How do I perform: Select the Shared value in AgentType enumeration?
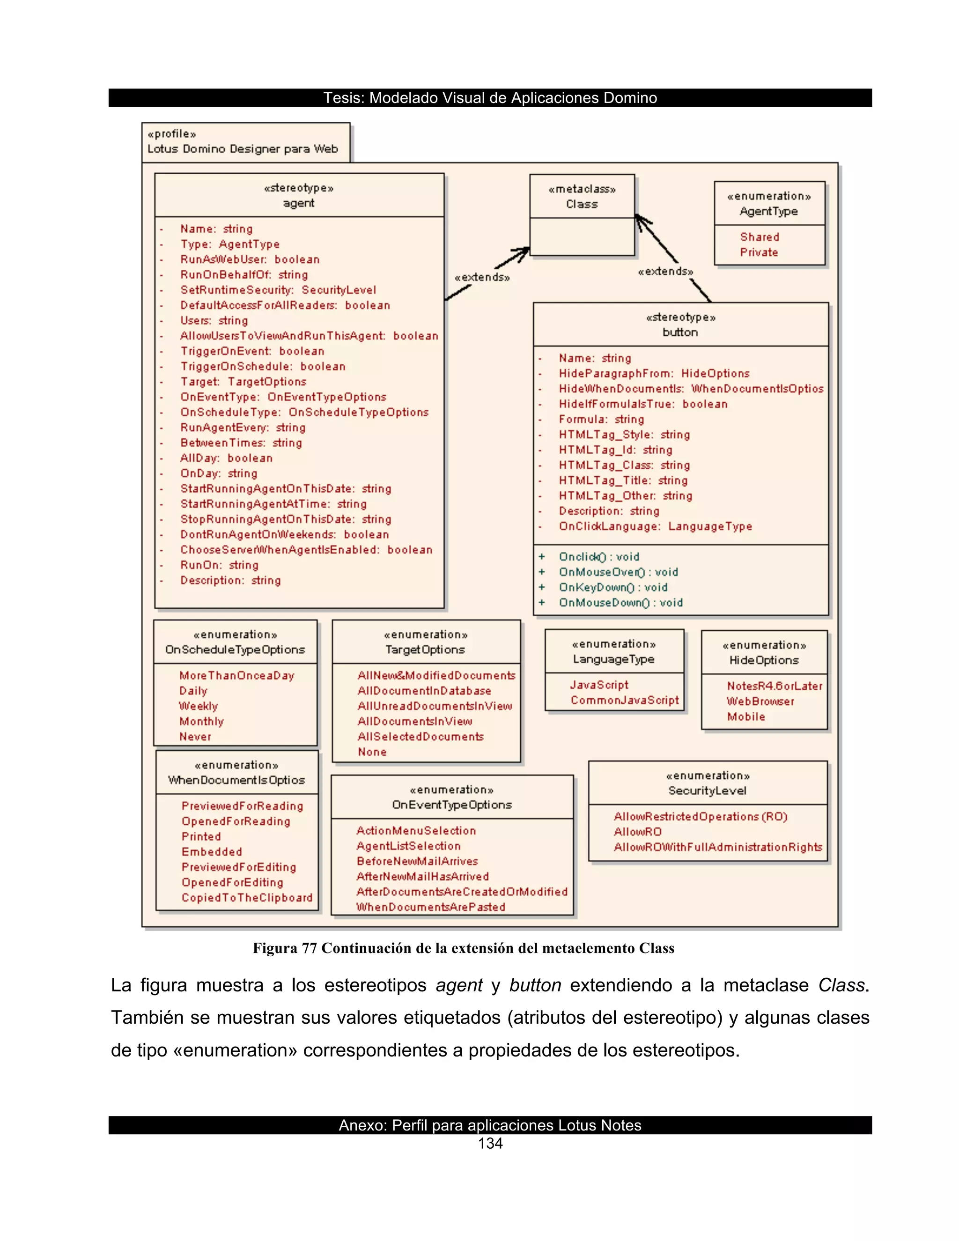click(759, 237)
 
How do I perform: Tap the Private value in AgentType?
click(759, 252)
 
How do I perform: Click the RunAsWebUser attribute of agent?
click(250, 260)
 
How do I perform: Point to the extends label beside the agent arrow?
click(482, 277)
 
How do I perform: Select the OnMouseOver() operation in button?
click(618, 572)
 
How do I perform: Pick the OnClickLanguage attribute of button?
click(655, 526)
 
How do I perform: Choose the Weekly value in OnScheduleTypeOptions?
click(198, 706)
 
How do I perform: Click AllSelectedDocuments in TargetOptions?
click(420, 737)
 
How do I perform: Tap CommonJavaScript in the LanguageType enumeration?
click(624, 700)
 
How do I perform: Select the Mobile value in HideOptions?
click(745, 717)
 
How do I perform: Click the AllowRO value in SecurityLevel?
click(637, 832)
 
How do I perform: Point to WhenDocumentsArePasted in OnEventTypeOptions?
click(431, 907)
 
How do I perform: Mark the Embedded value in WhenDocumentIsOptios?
click(211, 852)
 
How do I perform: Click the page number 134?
click(490, 1144)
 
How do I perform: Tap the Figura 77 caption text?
click(463, 948)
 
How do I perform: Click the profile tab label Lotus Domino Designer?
click(243, 149)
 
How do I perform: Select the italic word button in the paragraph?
click(535, 985)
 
